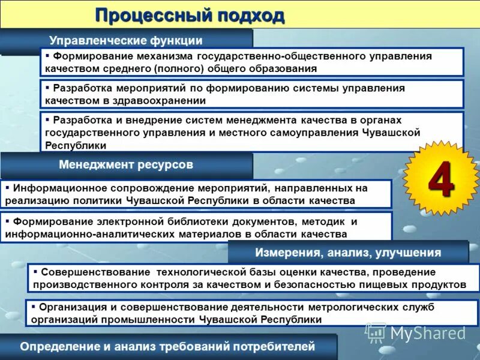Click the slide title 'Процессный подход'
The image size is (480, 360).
(x=190, y=14)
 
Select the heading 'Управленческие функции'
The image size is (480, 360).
(x=125, y=41)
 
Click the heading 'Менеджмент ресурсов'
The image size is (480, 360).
(x=126, y=164)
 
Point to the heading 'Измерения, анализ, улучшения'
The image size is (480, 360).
(x=348, y=253)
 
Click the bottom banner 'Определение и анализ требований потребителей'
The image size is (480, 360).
(x=167, y=346)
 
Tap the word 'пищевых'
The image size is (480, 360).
(x=392, y=284)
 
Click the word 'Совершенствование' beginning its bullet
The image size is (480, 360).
(x=94, y=271)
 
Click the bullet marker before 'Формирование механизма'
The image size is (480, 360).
(x=47, y=55)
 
